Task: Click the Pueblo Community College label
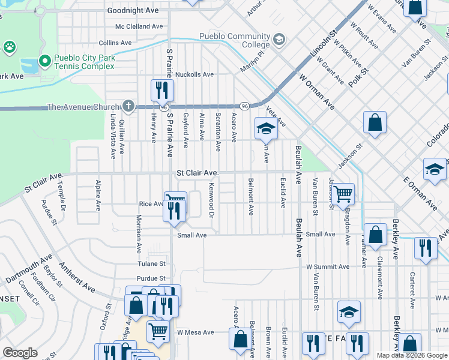coord(231,40)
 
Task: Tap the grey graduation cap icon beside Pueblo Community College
coord(279,40)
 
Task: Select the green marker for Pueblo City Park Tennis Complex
coord(44,61)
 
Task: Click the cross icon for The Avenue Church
coord(128,107)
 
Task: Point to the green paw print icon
coord(9,47)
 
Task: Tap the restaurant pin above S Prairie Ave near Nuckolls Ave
coord(162,91)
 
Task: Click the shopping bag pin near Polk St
coord(375,123)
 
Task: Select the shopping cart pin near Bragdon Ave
coord(343,194)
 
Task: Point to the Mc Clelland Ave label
coord(139,26)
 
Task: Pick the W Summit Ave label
coord(327,266)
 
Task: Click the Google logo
coord(20,353)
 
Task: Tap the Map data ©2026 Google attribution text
coord(411,355)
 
